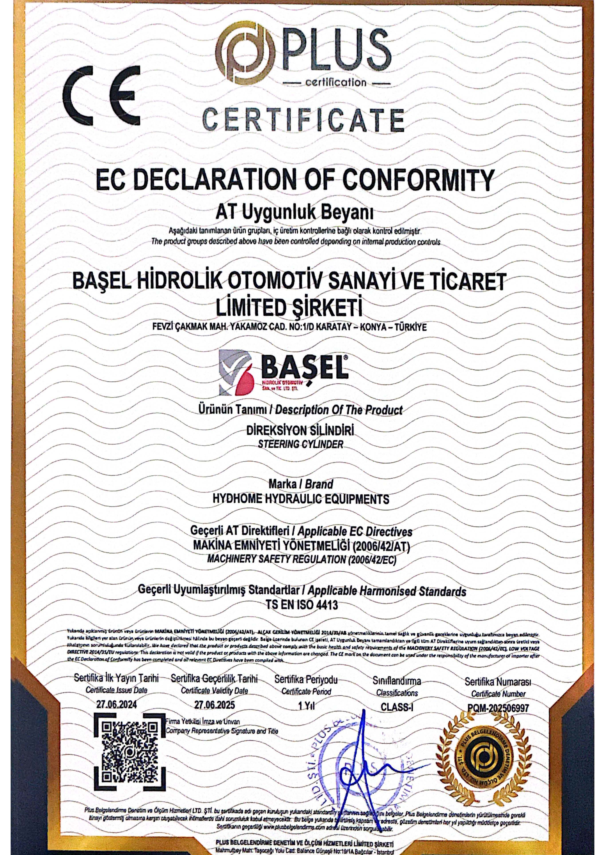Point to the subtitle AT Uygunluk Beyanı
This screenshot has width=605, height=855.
295,213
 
